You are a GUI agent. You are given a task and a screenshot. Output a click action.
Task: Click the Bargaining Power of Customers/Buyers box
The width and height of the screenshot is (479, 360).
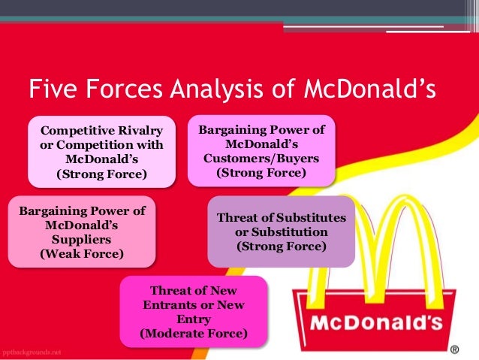[261, 150]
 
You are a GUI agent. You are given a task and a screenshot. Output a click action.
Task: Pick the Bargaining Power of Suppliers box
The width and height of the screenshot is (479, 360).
[82, 231]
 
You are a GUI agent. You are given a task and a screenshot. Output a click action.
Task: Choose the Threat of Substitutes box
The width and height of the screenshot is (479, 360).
[281, 231]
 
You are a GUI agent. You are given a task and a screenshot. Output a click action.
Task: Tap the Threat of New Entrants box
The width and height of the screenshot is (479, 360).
[193, 311]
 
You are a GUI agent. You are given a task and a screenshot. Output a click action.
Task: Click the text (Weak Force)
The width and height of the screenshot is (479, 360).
[82, 254]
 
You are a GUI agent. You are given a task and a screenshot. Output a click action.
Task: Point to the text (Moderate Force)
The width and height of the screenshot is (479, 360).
[193, 332]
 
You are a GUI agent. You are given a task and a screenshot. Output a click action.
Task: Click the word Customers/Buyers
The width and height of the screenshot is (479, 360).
[261, 159]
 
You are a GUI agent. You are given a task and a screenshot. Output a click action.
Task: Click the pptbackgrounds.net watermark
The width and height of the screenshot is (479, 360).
[32, 352]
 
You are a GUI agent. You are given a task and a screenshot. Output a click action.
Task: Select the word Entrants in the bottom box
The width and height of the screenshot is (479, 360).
[173, 304]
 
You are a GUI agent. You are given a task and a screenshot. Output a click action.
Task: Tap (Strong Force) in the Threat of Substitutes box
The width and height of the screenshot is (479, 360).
[281, 246]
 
